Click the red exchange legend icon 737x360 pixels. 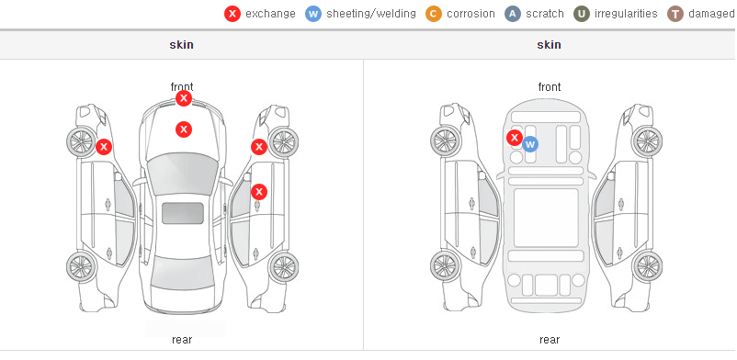232,14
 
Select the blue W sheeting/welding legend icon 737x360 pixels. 313,14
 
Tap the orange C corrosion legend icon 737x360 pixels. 434,14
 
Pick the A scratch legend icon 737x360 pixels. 513,14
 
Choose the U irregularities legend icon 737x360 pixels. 582,14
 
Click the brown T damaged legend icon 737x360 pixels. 675,14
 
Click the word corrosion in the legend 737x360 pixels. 471,14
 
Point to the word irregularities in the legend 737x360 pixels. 626,14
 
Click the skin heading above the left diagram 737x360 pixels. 181,45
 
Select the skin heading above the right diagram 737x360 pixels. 549,45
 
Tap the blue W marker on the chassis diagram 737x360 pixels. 530,144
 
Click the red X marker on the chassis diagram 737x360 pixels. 515,138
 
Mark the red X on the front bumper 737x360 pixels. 184,98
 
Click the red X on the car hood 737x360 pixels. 184,129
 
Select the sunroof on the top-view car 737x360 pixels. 183,213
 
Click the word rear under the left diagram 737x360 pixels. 182,340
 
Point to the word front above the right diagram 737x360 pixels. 550,87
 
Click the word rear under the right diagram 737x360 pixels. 550,340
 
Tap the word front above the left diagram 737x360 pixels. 182,87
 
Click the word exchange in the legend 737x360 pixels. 270,14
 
